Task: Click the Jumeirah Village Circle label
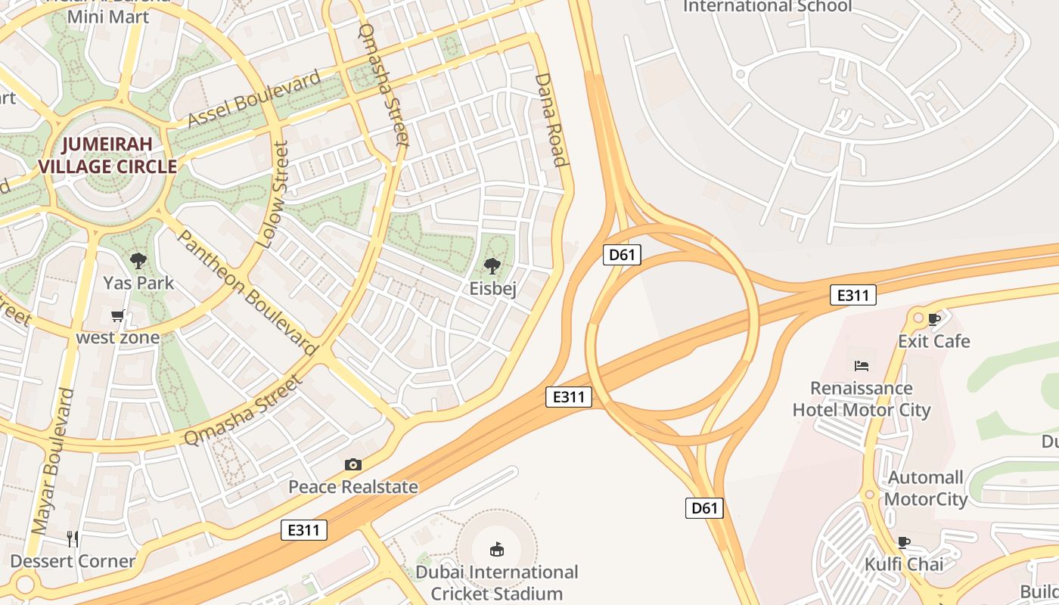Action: (107, 155)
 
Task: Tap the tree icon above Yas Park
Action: (138, 262)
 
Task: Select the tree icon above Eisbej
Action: (492, 266)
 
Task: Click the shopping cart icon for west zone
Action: (117, 316)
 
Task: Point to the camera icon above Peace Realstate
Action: (352, 464)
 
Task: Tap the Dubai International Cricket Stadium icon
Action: (496, 548)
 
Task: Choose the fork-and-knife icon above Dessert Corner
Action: (73, 538)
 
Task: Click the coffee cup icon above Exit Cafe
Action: (934, 319)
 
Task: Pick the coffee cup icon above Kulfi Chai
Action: (903, 542)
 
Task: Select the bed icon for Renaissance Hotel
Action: (861, 366)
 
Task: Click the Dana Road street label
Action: (551, 119)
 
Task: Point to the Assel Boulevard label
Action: (254, 101)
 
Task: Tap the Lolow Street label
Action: (273, 195)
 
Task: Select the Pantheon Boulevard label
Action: (247, 292)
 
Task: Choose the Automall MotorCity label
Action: (926, 489)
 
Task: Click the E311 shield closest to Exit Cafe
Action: (852, 295)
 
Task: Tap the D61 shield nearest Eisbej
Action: (622, 255)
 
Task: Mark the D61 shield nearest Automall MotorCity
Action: (704, 508)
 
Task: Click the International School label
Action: (767, 7)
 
